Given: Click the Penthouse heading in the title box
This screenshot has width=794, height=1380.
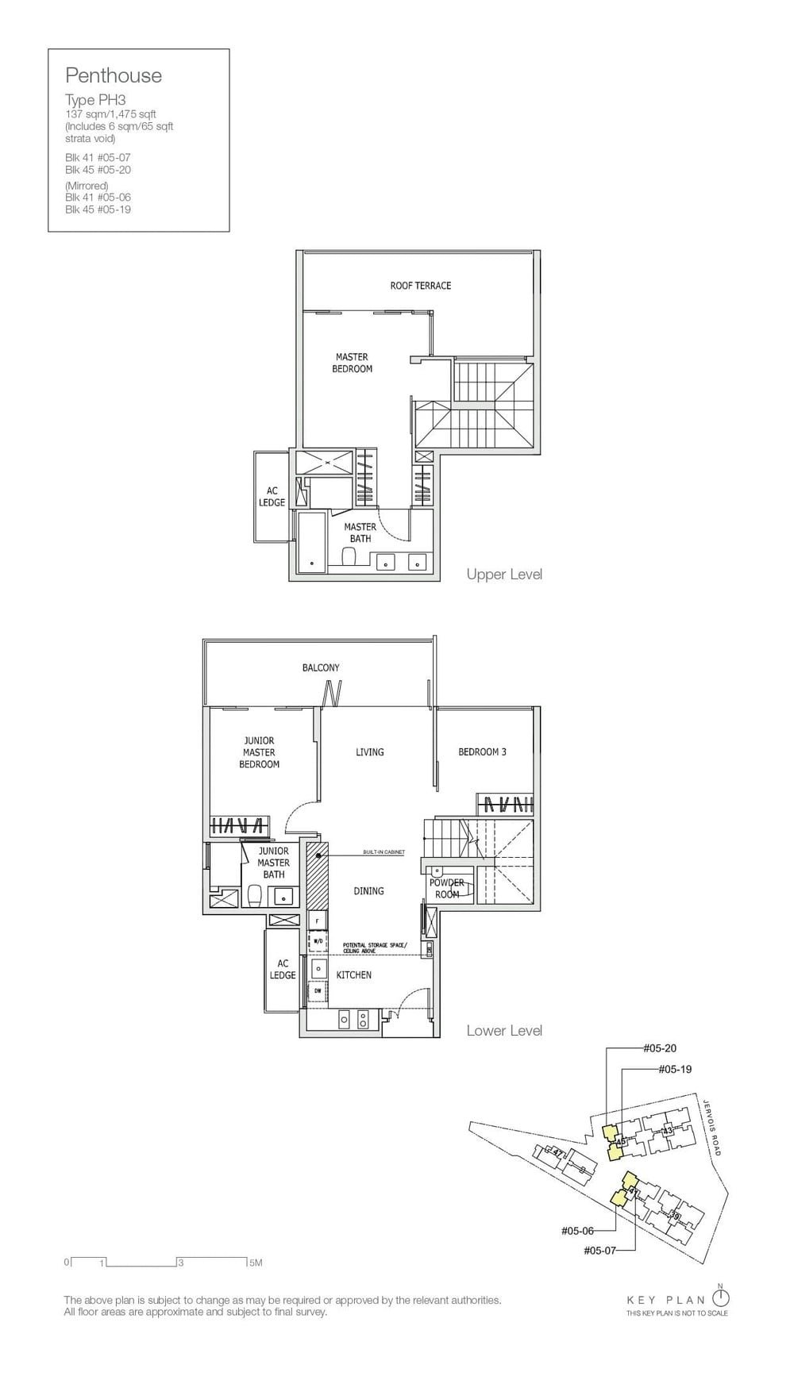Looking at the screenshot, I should [x=114, y=75].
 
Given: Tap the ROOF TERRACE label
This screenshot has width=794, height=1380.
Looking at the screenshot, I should [x=420, y=286].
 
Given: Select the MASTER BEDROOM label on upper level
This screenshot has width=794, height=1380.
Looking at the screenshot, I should [x=352, y=363].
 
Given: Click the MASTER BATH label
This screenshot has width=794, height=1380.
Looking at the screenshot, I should [x=360, y=532].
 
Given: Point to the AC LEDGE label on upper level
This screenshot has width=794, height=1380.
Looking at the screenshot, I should [x=272, y=497].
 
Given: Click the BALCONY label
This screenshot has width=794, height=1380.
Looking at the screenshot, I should [x=321, y=668].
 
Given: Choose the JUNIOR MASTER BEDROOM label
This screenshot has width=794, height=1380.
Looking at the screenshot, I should [x=259, y=752].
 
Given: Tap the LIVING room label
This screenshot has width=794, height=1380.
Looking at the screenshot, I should [x=369, y=752].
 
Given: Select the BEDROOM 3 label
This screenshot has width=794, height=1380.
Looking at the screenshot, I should [x=482, y=752].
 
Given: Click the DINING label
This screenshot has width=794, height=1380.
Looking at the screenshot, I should [x=368, y=891].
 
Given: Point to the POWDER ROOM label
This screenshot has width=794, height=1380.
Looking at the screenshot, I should [x=447, y=889].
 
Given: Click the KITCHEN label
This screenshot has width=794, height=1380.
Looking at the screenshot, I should [x=353, y=975].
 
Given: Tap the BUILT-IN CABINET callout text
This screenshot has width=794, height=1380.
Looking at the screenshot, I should [x=384, y=852].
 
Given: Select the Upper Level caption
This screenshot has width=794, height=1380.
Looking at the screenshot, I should [x=504, y=574].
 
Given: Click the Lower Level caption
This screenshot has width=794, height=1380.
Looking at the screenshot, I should [x=504, y=1031].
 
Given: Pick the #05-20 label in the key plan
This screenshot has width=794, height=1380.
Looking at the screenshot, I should [x=660, y=1048].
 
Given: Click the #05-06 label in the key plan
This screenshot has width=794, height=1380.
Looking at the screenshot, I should [x=577, y=1231].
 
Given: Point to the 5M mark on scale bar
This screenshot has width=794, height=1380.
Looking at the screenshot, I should [x=255, y=1263].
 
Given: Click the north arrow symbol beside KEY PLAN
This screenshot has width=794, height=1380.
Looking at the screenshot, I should [x=720, y=1298].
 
